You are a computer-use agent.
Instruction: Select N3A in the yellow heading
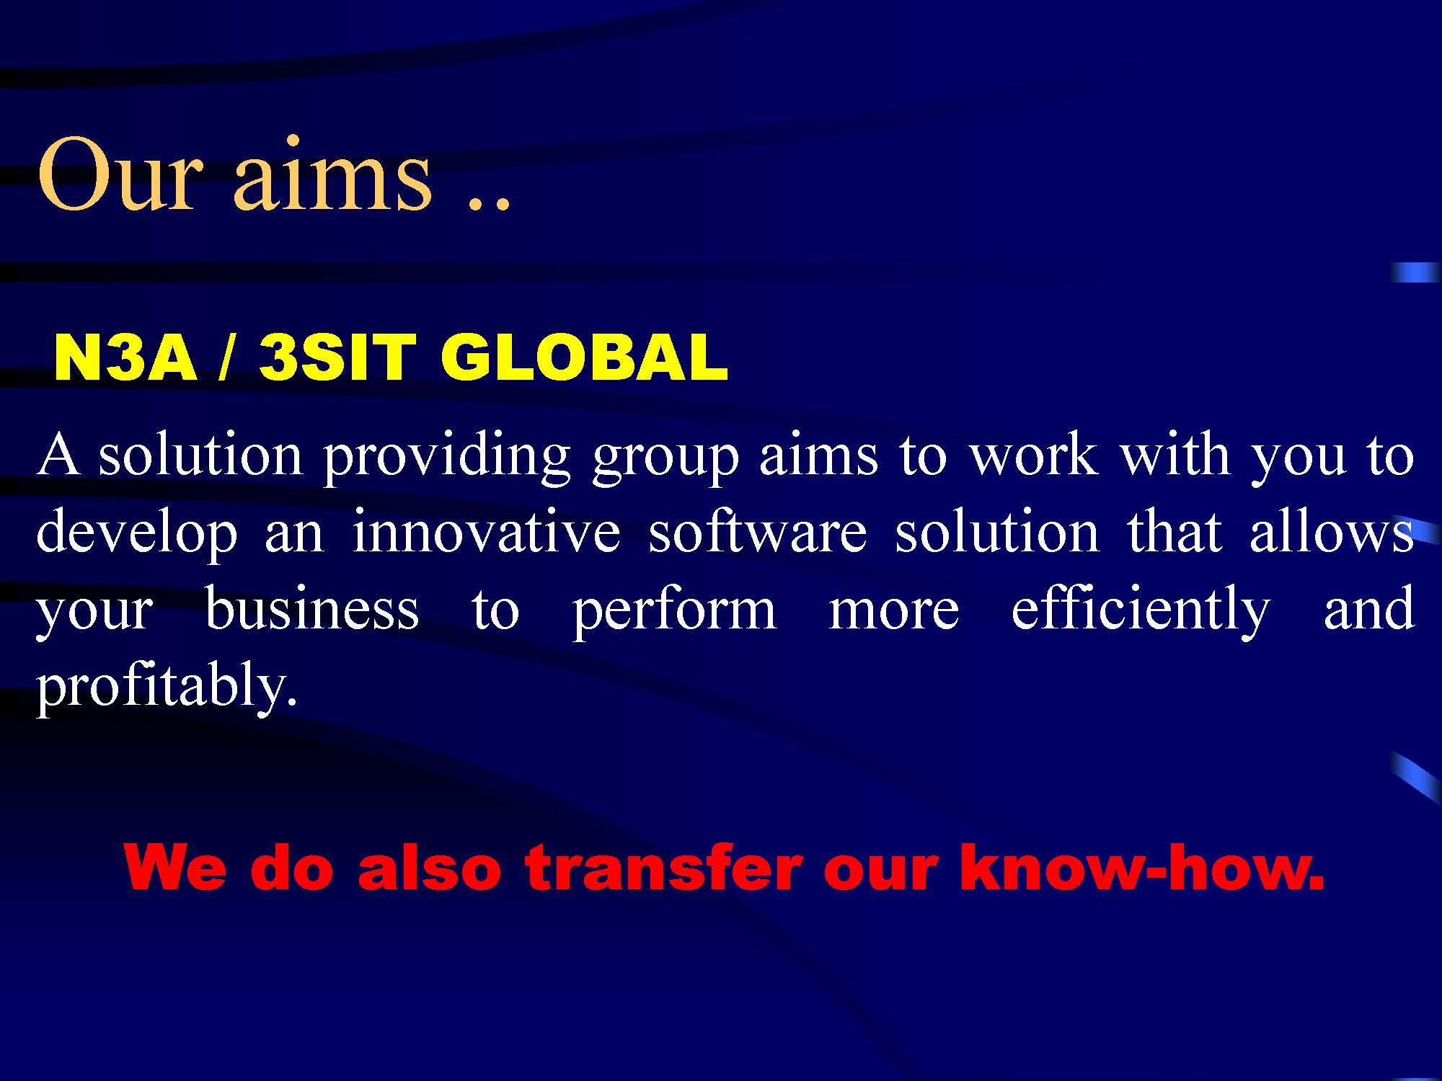coord(125,358)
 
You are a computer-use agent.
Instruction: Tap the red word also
coord(429,866)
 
